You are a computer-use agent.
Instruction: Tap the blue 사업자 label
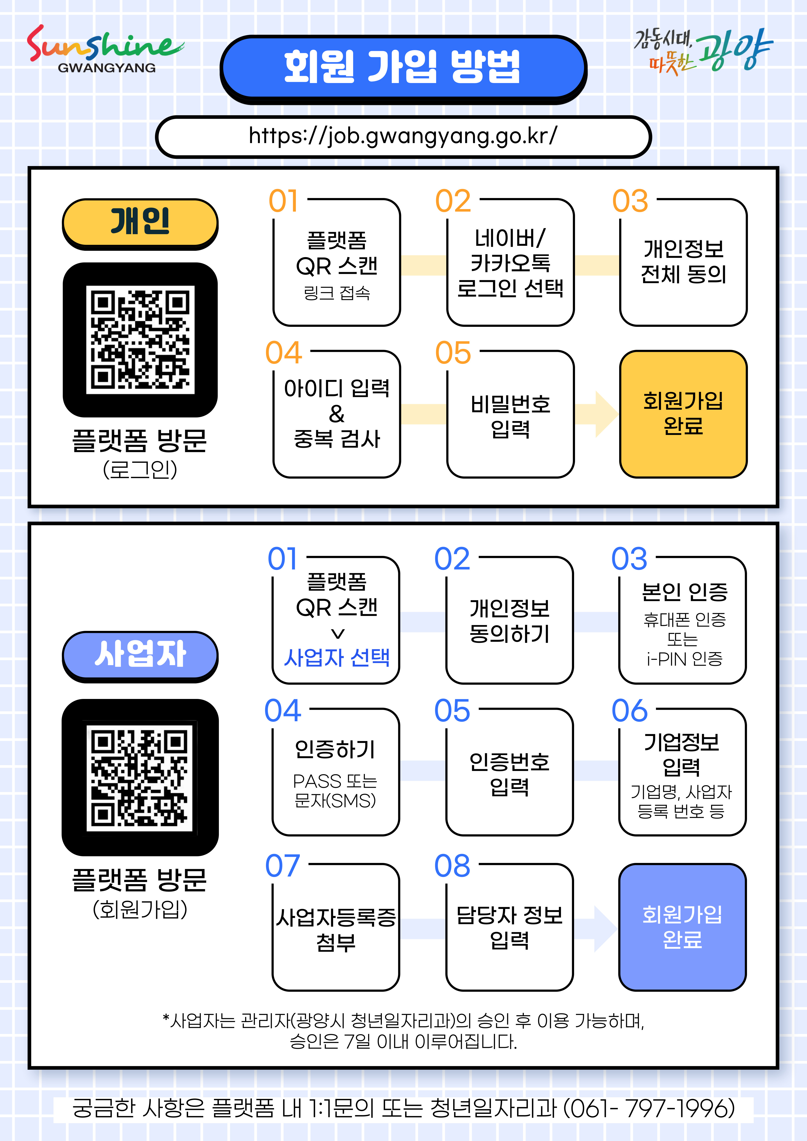point(140,655)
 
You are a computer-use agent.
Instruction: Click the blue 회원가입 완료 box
point(682,927)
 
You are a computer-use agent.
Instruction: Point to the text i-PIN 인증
point(684,659)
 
